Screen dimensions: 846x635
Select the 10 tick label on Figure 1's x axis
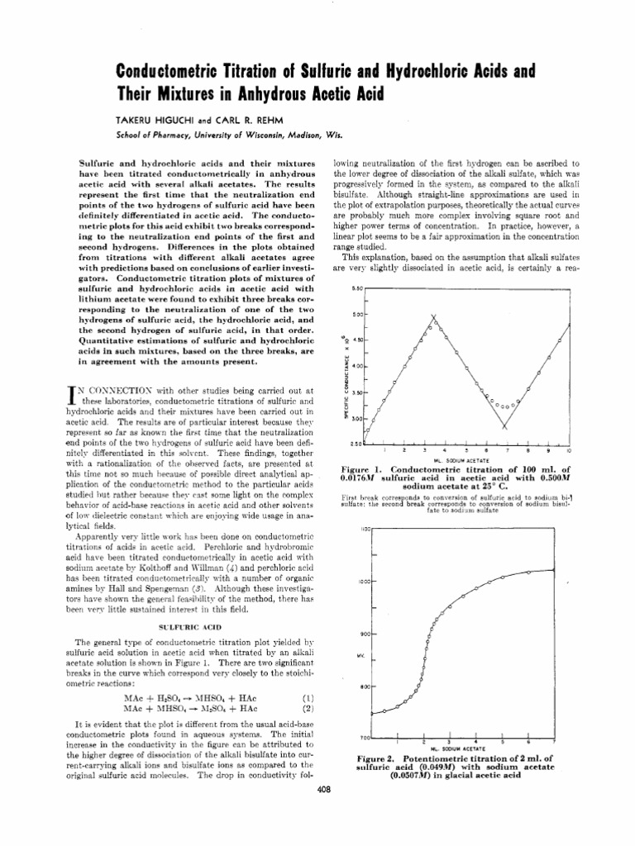click(568, 451)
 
